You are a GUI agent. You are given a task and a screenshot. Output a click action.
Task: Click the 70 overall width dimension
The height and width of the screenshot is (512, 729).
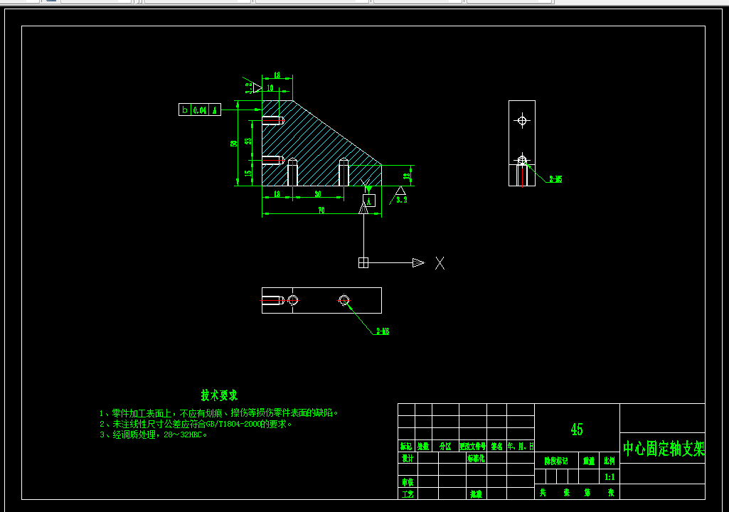click(x=321, y=210)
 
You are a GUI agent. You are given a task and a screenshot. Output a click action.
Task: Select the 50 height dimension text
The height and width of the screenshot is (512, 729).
click(x=234, y=144)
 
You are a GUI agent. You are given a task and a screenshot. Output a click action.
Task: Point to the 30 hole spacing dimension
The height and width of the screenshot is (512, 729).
click(x=317, y=193)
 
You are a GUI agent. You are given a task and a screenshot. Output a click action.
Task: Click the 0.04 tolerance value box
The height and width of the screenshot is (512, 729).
click(x=200, y=110)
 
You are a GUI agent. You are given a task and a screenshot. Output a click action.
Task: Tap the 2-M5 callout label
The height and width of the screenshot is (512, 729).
click(x=555, y=179)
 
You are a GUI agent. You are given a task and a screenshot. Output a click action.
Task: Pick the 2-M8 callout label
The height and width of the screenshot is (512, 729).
click(x=383, y=331)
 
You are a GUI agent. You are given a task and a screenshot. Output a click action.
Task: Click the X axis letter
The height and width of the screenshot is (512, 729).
click(x=440, y=263)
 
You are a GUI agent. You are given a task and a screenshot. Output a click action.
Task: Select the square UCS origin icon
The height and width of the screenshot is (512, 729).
click(x=363, y=263)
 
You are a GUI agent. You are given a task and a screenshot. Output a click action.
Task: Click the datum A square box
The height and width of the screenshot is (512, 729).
click(x=369, y=200)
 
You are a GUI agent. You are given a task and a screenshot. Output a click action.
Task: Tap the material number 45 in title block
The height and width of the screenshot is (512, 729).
click(x=577, y=430)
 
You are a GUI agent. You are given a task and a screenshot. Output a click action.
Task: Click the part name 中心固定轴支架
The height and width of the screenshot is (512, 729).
click(x=664, y=449)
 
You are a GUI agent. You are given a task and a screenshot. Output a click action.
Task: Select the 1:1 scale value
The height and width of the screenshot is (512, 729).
click(x=610, y=476)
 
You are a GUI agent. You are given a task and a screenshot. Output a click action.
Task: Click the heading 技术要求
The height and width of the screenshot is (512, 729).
click(x=219, y=395)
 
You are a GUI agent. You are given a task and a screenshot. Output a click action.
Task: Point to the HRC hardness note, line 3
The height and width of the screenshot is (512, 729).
click(x=154, y=434)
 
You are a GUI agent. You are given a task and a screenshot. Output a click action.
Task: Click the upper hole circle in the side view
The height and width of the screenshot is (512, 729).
click(x=522, y=120)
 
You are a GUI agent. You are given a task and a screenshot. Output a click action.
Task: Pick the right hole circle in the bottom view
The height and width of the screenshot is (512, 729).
click(x=345, y=300)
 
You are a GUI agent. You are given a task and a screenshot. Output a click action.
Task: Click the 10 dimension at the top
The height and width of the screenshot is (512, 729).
click(x=270, y=87)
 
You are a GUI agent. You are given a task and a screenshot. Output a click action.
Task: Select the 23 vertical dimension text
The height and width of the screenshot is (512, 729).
click(x=248, y=140)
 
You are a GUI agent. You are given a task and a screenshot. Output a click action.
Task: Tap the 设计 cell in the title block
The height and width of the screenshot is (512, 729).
click(x=408, y=459)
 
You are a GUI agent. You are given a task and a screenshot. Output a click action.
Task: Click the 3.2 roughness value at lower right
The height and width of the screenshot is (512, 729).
click(x=402, y=201)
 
